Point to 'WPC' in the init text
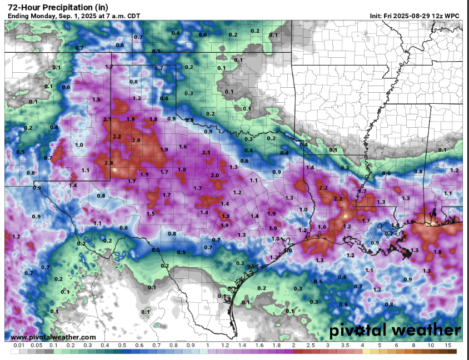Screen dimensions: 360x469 pos(452,16)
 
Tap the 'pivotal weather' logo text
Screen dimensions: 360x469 pos(395,331)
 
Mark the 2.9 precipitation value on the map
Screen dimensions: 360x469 pos(136,141)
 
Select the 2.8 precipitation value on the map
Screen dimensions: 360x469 pos(108,162)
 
